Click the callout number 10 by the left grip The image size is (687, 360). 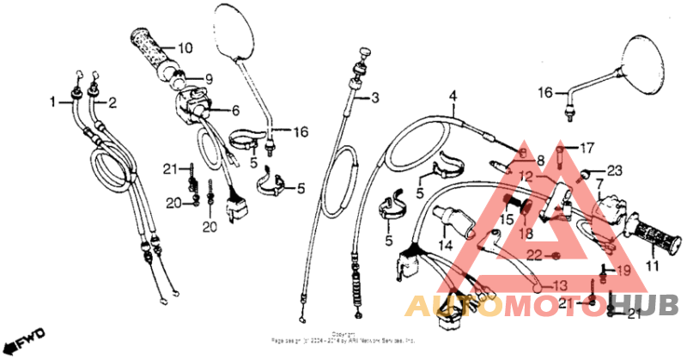click(x=185, y=47)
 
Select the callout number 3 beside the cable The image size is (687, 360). click(x=374, y=99)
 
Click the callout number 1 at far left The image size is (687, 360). click(x=53, y=101)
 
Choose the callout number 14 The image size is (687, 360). click(x=234, y=110)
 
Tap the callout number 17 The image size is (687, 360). click(x=587, y=147)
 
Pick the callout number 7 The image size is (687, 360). click(x=599, y=183)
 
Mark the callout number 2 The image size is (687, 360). click(x=112, y=102)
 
